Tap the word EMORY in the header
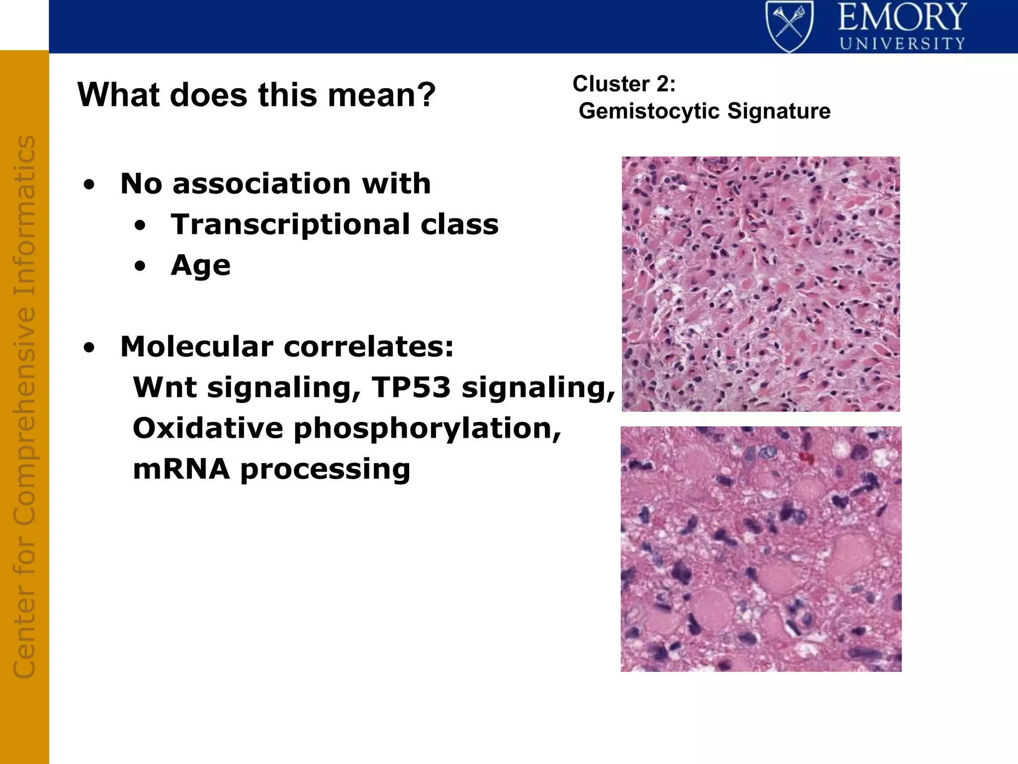902,17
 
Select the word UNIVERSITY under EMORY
902,44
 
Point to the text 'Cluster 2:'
624,84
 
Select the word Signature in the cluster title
779,111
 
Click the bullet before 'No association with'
89,186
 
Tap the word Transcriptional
290,224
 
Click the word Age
200,265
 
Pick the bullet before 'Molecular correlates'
89,348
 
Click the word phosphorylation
427,429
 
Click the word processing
326,470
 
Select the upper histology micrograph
761,284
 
